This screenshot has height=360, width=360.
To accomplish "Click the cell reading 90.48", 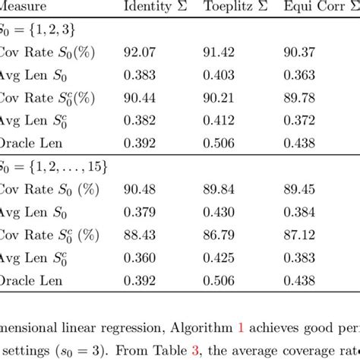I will pos(139,189).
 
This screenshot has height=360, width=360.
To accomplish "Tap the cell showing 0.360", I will pos(139,257).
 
